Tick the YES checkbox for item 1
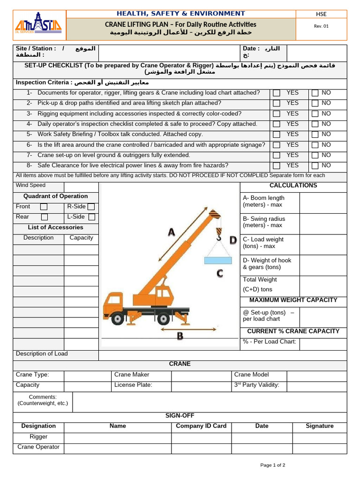[x=277, y=93]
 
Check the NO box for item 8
[x=315, y=166]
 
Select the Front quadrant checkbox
[x=44, y=207]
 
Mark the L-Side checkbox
[x=91, y=217]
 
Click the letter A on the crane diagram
[x=171, y=232]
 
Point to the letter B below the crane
[x=180, y=336]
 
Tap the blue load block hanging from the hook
[x=217, y=260]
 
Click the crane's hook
[x=218, y=233]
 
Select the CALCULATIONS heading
[x=293, y=186]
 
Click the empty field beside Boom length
[x=323, y=202]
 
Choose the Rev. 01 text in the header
[x=321, y=26]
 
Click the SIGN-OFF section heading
[x=180, y=416]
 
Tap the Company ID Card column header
[x=201, y=426]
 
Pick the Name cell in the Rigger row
[x=117, y=437]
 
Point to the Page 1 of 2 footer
[x=273, y=465]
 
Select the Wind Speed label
[x=31, y=186]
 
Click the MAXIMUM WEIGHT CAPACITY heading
[x=293, y=300]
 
